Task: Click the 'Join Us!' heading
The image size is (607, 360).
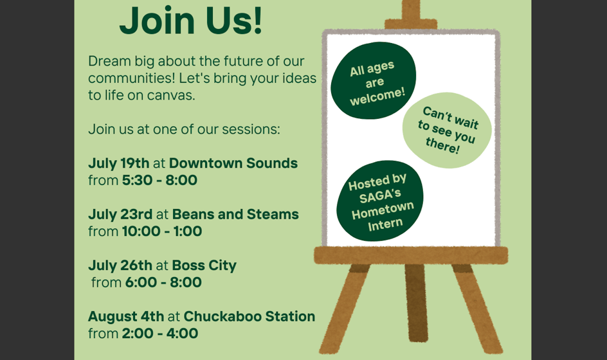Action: tap(191, 20)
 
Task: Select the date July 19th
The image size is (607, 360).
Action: tap(119, 163)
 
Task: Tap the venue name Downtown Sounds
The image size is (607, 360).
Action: tap(233, 163)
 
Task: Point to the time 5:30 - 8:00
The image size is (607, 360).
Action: tap(159, 180)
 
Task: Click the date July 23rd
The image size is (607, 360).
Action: tap(120, 214)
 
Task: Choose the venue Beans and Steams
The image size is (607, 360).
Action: tap(235, 214)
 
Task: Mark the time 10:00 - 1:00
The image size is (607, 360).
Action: tap(162, 231)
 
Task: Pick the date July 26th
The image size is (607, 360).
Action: tap(120, 265)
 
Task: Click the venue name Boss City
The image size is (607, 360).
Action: tap(204, 265)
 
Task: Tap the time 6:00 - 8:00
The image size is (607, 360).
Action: tap(163, 282)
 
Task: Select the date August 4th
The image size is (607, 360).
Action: tap(126, 317)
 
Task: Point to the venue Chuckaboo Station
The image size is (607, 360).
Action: tap(249, 316)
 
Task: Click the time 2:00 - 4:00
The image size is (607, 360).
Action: tap(160, 333)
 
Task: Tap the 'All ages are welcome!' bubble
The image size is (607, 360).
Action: tap(374, 80)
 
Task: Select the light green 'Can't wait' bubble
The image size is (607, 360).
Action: tap(447, 130)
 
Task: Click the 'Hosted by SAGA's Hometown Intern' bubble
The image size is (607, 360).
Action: tap(380, 201)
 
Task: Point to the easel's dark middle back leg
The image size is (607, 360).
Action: tap(417, 302)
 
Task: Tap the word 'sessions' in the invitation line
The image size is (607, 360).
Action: tap(251, 129)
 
